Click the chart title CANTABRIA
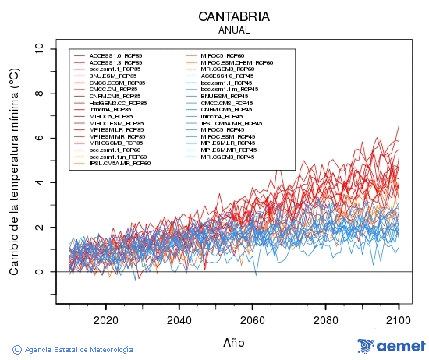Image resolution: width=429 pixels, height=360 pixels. [234, 16]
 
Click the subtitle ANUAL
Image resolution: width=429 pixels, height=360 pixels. [234, 30]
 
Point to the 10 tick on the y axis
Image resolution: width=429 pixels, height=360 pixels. [39, 48]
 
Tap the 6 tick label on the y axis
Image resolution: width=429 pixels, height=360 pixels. [39, 138]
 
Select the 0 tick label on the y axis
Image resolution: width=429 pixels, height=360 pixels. [39, 272]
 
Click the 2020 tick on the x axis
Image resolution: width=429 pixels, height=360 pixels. [105, 319]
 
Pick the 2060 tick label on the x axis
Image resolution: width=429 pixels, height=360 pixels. [252, 319]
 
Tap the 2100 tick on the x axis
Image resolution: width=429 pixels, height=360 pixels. [399, 319]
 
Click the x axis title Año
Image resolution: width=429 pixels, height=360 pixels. [234, 341]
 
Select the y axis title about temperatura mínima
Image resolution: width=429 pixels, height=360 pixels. [14, 171]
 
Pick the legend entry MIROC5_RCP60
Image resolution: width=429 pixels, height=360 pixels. [222, 56]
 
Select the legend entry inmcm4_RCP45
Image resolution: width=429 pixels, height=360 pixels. [222, 116]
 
